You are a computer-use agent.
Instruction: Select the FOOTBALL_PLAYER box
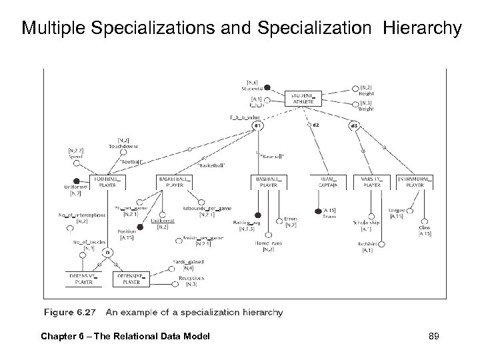(108, 183)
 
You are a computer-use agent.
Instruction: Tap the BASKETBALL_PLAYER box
(175, 183)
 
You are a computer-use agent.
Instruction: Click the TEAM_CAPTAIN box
(325, 183)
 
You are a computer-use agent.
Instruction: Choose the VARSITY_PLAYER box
(372, 183)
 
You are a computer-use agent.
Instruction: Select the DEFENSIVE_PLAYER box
(84, 279)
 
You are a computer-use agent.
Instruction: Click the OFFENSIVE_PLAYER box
(131, 279)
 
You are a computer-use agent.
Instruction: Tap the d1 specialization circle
(257, 126)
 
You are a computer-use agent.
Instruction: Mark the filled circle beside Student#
(267, 87)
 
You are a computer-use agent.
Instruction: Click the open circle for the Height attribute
(355, 89)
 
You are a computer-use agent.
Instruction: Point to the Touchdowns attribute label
(123, 145)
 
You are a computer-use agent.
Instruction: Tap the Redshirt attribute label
(367, 245)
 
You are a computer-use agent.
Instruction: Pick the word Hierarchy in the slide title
(424, 29)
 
